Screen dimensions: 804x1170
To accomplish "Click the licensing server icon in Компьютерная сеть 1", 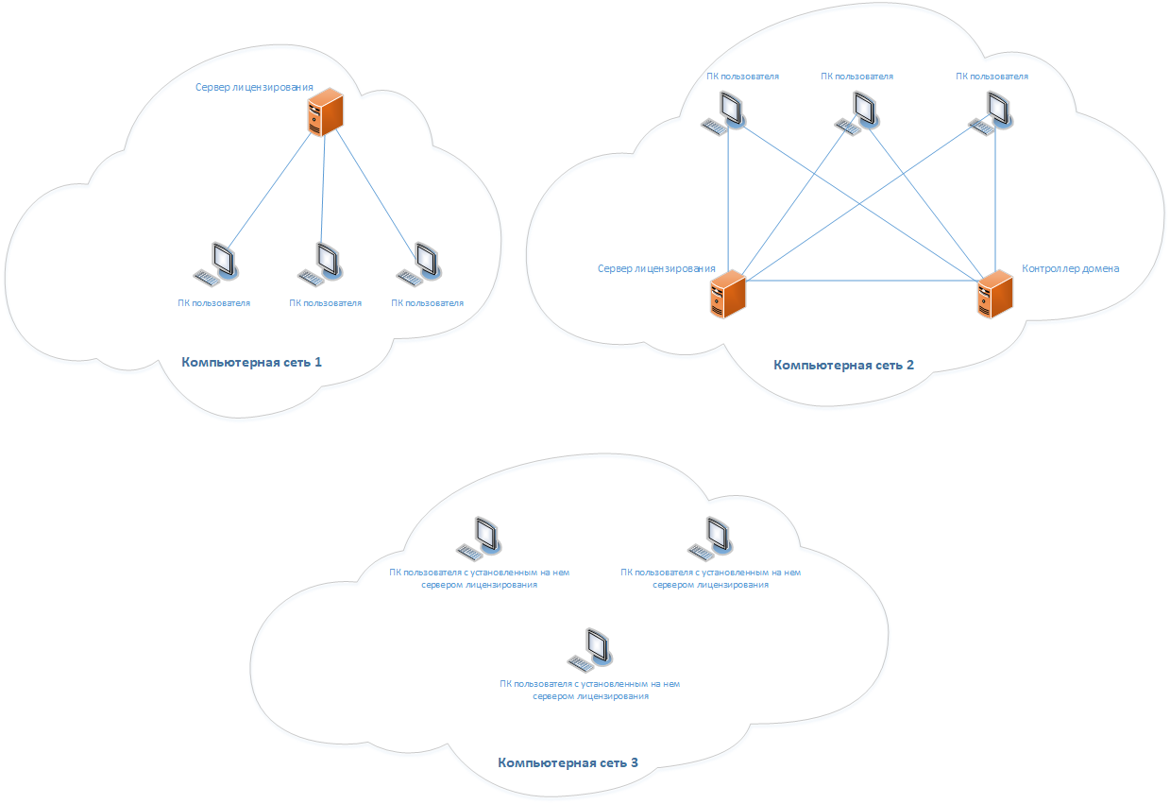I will coord(325,111).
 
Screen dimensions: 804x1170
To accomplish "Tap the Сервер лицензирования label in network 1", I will coord(254,87).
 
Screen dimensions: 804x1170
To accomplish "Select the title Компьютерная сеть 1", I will coord(252,362).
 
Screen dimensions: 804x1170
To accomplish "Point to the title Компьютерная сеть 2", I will coord(843,365).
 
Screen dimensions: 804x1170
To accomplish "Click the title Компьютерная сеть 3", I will coord(568,762).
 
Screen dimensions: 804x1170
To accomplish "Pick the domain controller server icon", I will coord(994,294).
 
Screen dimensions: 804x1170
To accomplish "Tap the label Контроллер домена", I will coord(1070,268).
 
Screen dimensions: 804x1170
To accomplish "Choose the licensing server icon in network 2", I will coord(728,294).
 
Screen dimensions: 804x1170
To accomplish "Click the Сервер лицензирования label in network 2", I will coord(656,268).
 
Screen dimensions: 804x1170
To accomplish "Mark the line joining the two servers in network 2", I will coord(859,281).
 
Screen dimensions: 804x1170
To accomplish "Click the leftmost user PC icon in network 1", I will coord(215,265).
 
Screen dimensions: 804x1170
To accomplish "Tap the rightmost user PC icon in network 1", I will coord(420,265).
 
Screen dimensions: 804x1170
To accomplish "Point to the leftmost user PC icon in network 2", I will coord(723,111).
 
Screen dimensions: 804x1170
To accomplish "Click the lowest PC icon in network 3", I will coord(590,650).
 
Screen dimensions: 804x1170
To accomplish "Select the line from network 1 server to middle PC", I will coord(324,189).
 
